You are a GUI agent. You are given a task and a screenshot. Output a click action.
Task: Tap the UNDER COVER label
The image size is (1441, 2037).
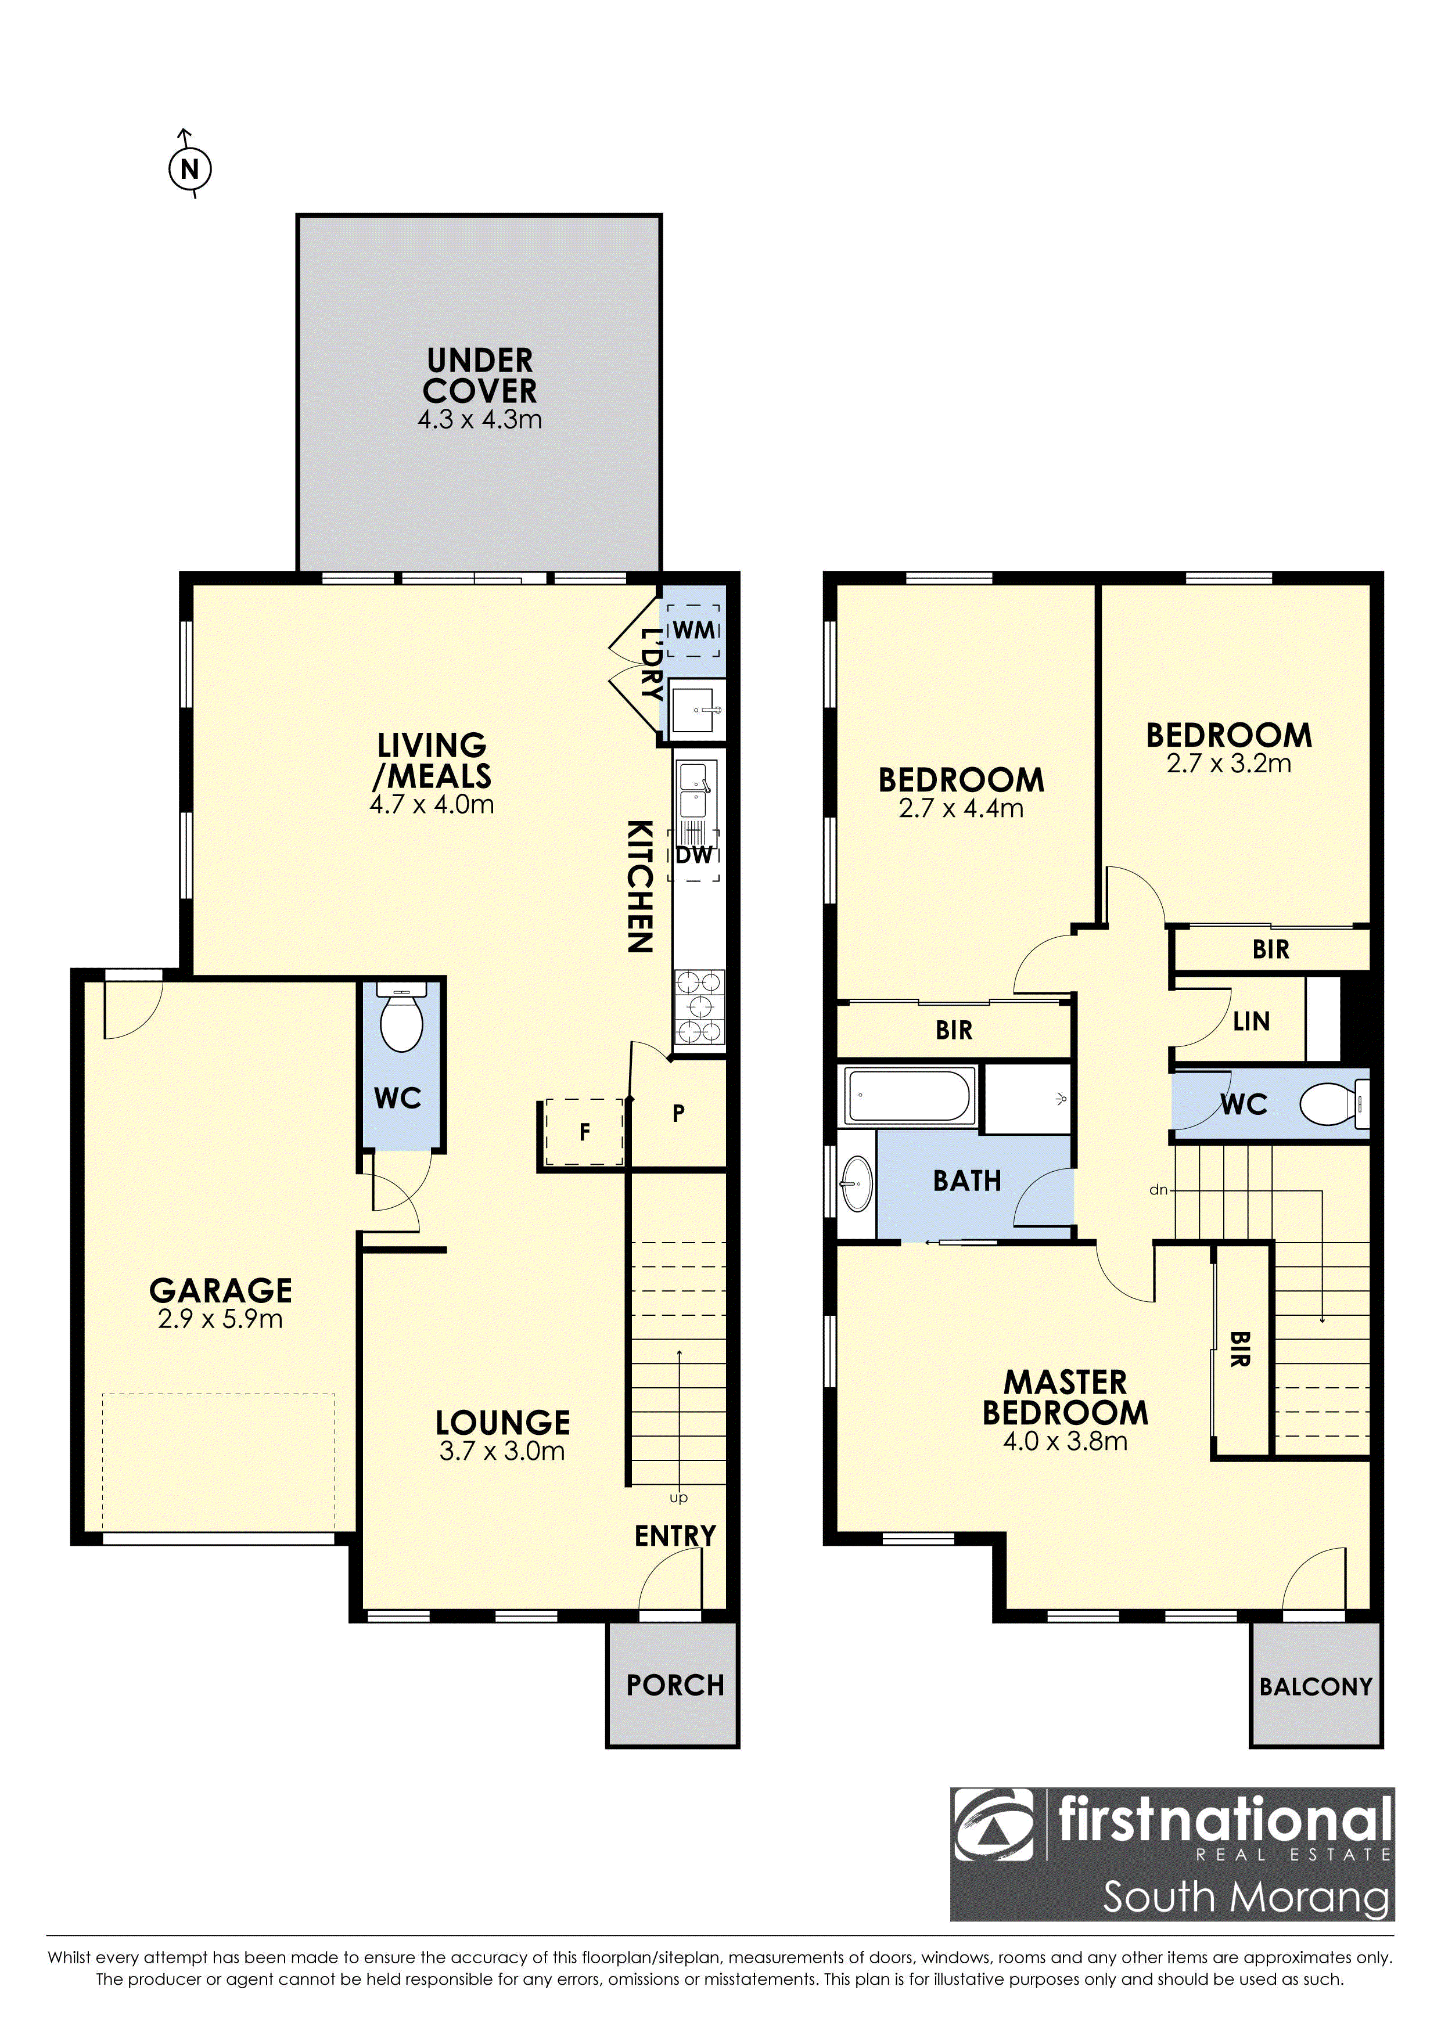pyautogui.click(x=480, y=375)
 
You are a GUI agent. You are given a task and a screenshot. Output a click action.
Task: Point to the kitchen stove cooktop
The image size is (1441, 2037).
pyautogui.click(x=700, y=1006)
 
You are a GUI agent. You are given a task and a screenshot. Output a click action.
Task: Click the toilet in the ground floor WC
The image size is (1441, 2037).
pyautogui.click(x=401, y=1017)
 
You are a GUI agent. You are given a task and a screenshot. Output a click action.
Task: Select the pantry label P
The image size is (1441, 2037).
pyautogui.click(x=679, y=1113)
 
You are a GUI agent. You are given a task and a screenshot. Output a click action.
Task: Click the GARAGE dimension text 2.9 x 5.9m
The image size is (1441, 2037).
pyautogui.click(x=220, y=1319)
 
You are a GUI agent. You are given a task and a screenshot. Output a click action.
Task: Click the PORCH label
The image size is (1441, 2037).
pyautogui.click(x=675, y=1685)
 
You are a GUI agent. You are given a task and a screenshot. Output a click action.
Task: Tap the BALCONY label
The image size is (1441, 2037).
pyautogui.click(x=1316, y=1686)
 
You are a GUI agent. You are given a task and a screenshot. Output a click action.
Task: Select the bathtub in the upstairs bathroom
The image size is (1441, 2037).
pyautogui.click(x=910, y=1096)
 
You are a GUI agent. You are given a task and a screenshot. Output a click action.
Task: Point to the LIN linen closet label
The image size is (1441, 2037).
pyautogui.click(x=1251, y=1021)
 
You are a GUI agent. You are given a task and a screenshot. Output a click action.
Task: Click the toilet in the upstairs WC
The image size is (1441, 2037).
pyautogui.click(x=1334, y=1104)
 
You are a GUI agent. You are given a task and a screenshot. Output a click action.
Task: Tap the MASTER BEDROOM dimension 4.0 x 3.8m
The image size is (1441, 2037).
pyautogui.click(x=1065, y=1441)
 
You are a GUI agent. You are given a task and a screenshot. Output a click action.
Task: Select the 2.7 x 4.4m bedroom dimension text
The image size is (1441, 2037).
pyautogui.click(x=961, y=808)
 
